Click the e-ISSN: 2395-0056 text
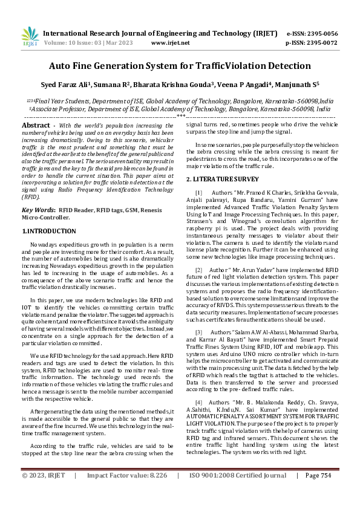[312, 33]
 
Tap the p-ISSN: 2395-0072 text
[312, 43]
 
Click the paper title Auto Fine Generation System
[180, 65]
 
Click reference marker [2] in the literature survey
[198, 269]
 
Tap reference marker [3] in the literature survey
[198, 332]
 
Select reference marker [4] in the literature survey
[198, 402]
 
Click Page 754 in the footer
[318, 493]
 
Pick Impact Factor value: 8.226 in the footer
[127, 493]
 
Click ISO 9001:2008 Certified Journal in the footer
[238, 493]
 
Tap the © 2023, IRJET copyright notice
[42, 493]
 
